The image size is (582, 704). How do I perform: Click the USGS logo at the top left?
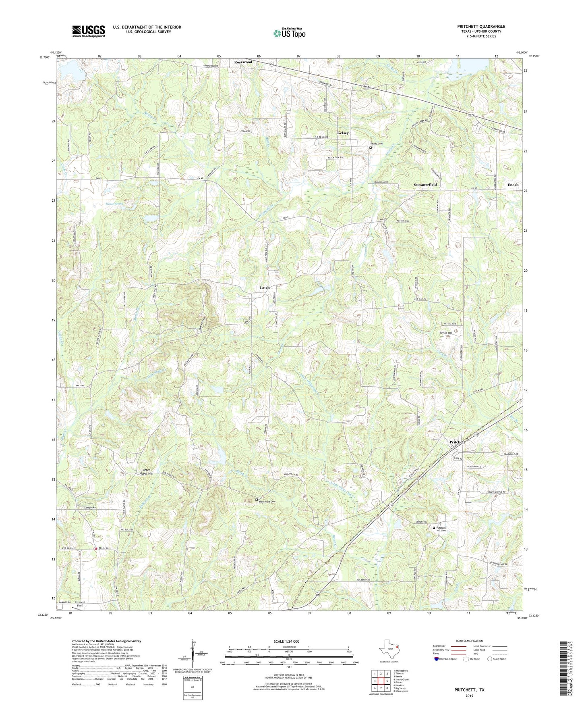89,31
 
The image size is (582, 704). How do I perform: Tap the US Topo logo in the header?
289,33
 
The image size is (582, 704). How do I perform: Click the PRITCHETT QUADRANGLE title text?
481,27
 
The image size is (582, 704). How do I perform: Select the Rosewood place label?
243,62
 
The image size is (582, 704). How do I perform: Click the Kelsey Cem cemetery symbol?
371,148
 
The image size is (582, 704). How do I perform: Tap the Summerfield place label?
425,185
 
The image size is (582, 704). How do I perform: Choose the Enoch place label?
513,185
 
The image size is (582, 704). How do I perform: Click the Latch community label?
265,287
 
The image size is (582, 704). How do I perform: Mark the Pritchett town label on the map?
457,442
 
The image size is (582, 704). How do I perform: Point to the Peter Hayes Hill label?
146,472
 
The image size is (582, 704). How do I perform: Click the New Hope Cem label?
269,501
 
